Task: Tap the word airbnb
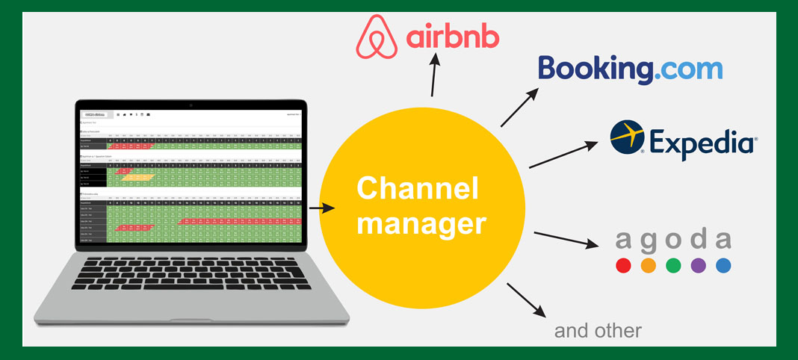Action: [452, 37]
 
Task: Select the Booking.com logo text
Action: [631, 69]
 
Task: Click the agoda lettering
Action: [673, 240]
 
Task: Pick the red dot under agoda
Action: [623, 265]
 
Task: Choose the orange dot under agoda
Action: [648, 265]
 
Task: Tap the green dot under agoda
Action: [673, 265]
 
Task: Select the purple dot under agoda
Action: [699, 265]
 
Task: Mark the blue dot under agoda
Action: [723, 265]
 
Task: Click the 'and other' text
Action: [598, 331]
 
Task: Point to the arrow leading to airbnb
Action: [436, 77]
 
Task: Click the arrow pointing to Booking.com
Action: [520, 107]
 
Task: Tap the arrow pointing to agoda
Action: [566, 238]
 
